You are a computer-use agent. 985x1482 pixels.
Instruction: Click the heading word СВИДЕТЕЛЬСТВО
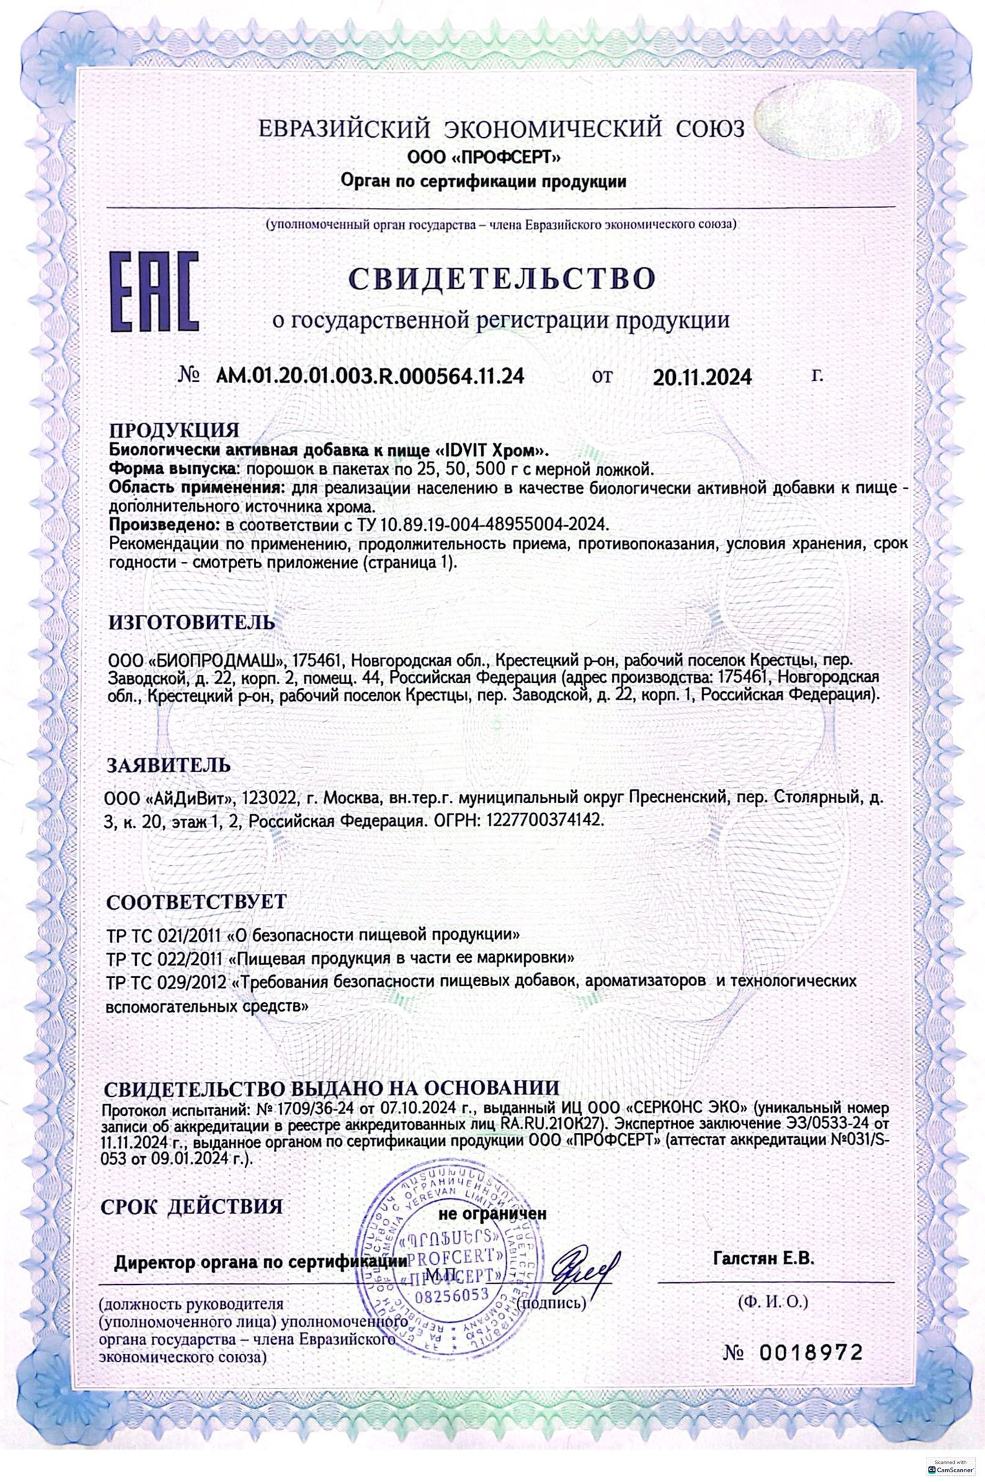(x=502, y=278)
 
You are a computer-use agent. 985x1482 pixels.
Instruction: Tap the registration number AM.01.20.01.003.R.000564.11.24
(x=370, y=376)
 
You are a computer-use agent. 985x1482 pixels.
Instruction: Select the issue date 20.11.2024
(x=703, y=377)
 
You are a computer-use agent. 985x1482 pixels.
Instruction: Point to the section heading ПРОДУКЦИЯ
(x=174, y=430)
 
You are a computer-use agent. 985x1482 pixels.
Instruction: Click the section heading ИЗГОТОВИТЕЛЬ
(x=192, y=622)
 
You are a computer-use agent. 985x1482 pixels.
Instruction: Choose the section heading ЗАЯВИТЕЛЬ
(x=165, y=764)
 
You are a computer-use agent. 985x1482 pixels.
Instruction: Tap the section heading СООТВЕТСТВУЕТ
(x=195, y=901)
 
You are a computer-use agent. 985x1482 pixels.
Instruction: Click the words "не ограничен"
(x=492, y=1213)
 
